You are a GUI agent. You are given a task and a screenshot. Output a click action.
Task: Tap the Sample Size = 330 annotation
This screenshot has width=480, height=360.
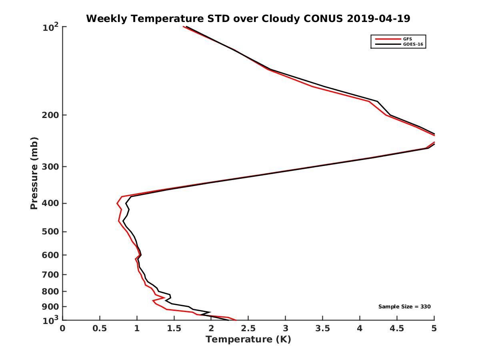[x=404, y=307]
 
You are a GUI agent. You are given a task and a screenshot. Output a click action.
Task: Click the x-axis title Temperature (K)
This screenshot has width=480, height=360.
[x=248, y=340]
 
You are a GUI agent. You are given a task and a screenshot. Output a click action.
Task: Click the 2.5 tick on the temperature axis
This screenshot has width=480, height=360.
[x=248, y=329]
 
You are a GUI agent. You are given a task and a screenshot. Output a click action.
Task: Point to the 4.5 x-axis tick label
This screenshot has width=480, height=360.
[x=397, y=329]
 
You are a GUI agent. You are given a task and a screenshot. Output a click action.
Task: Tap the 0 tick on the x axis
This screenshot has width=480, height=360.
[x=63, y=329]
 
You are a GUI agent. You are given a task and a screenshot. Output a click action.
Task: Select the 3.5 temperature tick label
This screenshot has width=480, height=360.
[x=322, y=329]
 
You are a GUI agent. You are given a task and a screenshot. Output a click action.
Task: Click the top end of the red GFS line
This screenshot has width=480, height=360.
[x=183, y=27]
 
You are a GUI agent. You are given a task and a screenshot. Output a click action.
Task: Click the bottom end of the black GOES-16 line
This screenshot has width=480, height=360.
[x=228, y=320]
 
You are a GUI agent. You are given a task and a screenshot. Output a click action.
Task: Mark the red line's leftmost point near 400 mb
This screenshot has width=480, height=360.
[x=117, y=204]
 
